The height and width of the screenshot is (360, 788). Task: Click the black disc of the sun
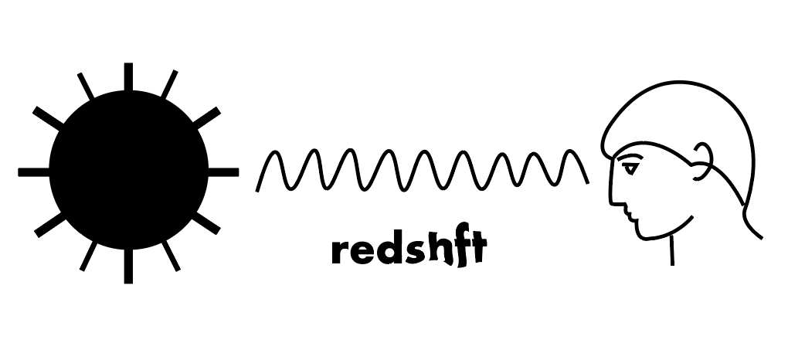(128, 172)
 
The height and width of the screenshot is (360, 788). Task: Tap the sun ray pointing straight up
(128, 76)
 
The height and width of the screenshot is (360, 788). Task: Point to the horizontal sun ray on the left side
(32, 172)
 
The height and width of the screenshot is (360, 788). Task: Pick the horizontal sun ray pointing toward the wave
(223, 172)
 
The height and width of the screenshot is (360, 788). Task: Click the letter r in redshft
(339, 252)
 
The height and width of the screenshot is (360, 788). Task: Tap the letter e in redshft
(360, 252)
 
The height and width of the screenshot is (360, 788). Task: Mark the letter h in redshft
(437, 249)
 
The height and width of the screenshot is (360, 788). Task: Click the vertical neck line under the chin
(672, 251)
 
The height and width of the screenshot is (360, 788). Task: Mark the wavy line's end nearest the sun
(259, 188)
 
